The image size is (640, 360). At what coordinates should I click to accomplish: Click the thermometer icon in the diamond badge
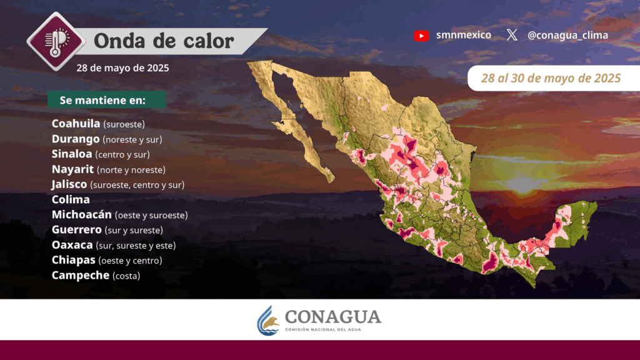point(56,42)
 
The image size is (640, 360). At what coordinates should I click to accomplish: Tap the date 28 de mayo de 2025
point(122,67)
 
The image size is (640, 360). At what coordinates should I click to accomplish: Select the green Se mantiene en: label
point(106,99)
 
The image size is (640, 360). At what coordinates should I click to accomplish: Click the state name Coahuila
point(76,123)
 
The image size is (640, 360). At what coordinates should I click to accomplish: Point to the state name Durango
point(76,139)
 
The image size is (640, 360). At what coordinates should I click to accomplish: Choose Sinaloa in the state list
point(72,154)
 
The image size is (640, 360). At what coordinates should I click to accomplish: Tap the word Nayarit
point(72,169)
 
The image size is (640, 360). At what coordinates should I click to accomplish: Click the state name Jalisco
point(69,184)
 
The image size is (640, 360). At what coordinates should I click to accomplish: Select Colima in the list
point(71,199)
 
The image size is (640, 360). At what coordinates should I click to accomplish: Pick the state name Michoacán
point(82,214)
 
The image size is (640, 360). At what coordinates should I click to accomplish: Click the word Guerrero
point(77,230)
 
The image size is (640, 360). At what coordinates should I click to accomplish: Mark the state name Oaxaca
point(72,245)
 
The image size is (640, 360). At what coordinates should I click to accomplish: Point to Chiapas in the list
point(74,260)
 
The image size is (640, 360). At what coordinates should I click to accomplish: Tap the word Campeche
point(81,275)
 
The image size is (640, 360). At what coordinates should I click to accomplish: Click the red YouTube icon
point(421,36)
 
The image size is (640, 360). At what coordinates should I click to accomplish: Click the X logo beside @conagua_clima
point(512,35)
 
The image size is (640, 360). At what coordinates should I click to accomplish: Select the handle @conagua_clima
point(567,36)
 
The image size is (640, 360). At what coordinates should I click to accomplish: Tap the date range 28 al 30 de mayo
point(551,78)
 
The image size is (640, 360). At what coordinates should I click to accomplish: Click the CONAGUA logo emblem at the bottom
point(267,321)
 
